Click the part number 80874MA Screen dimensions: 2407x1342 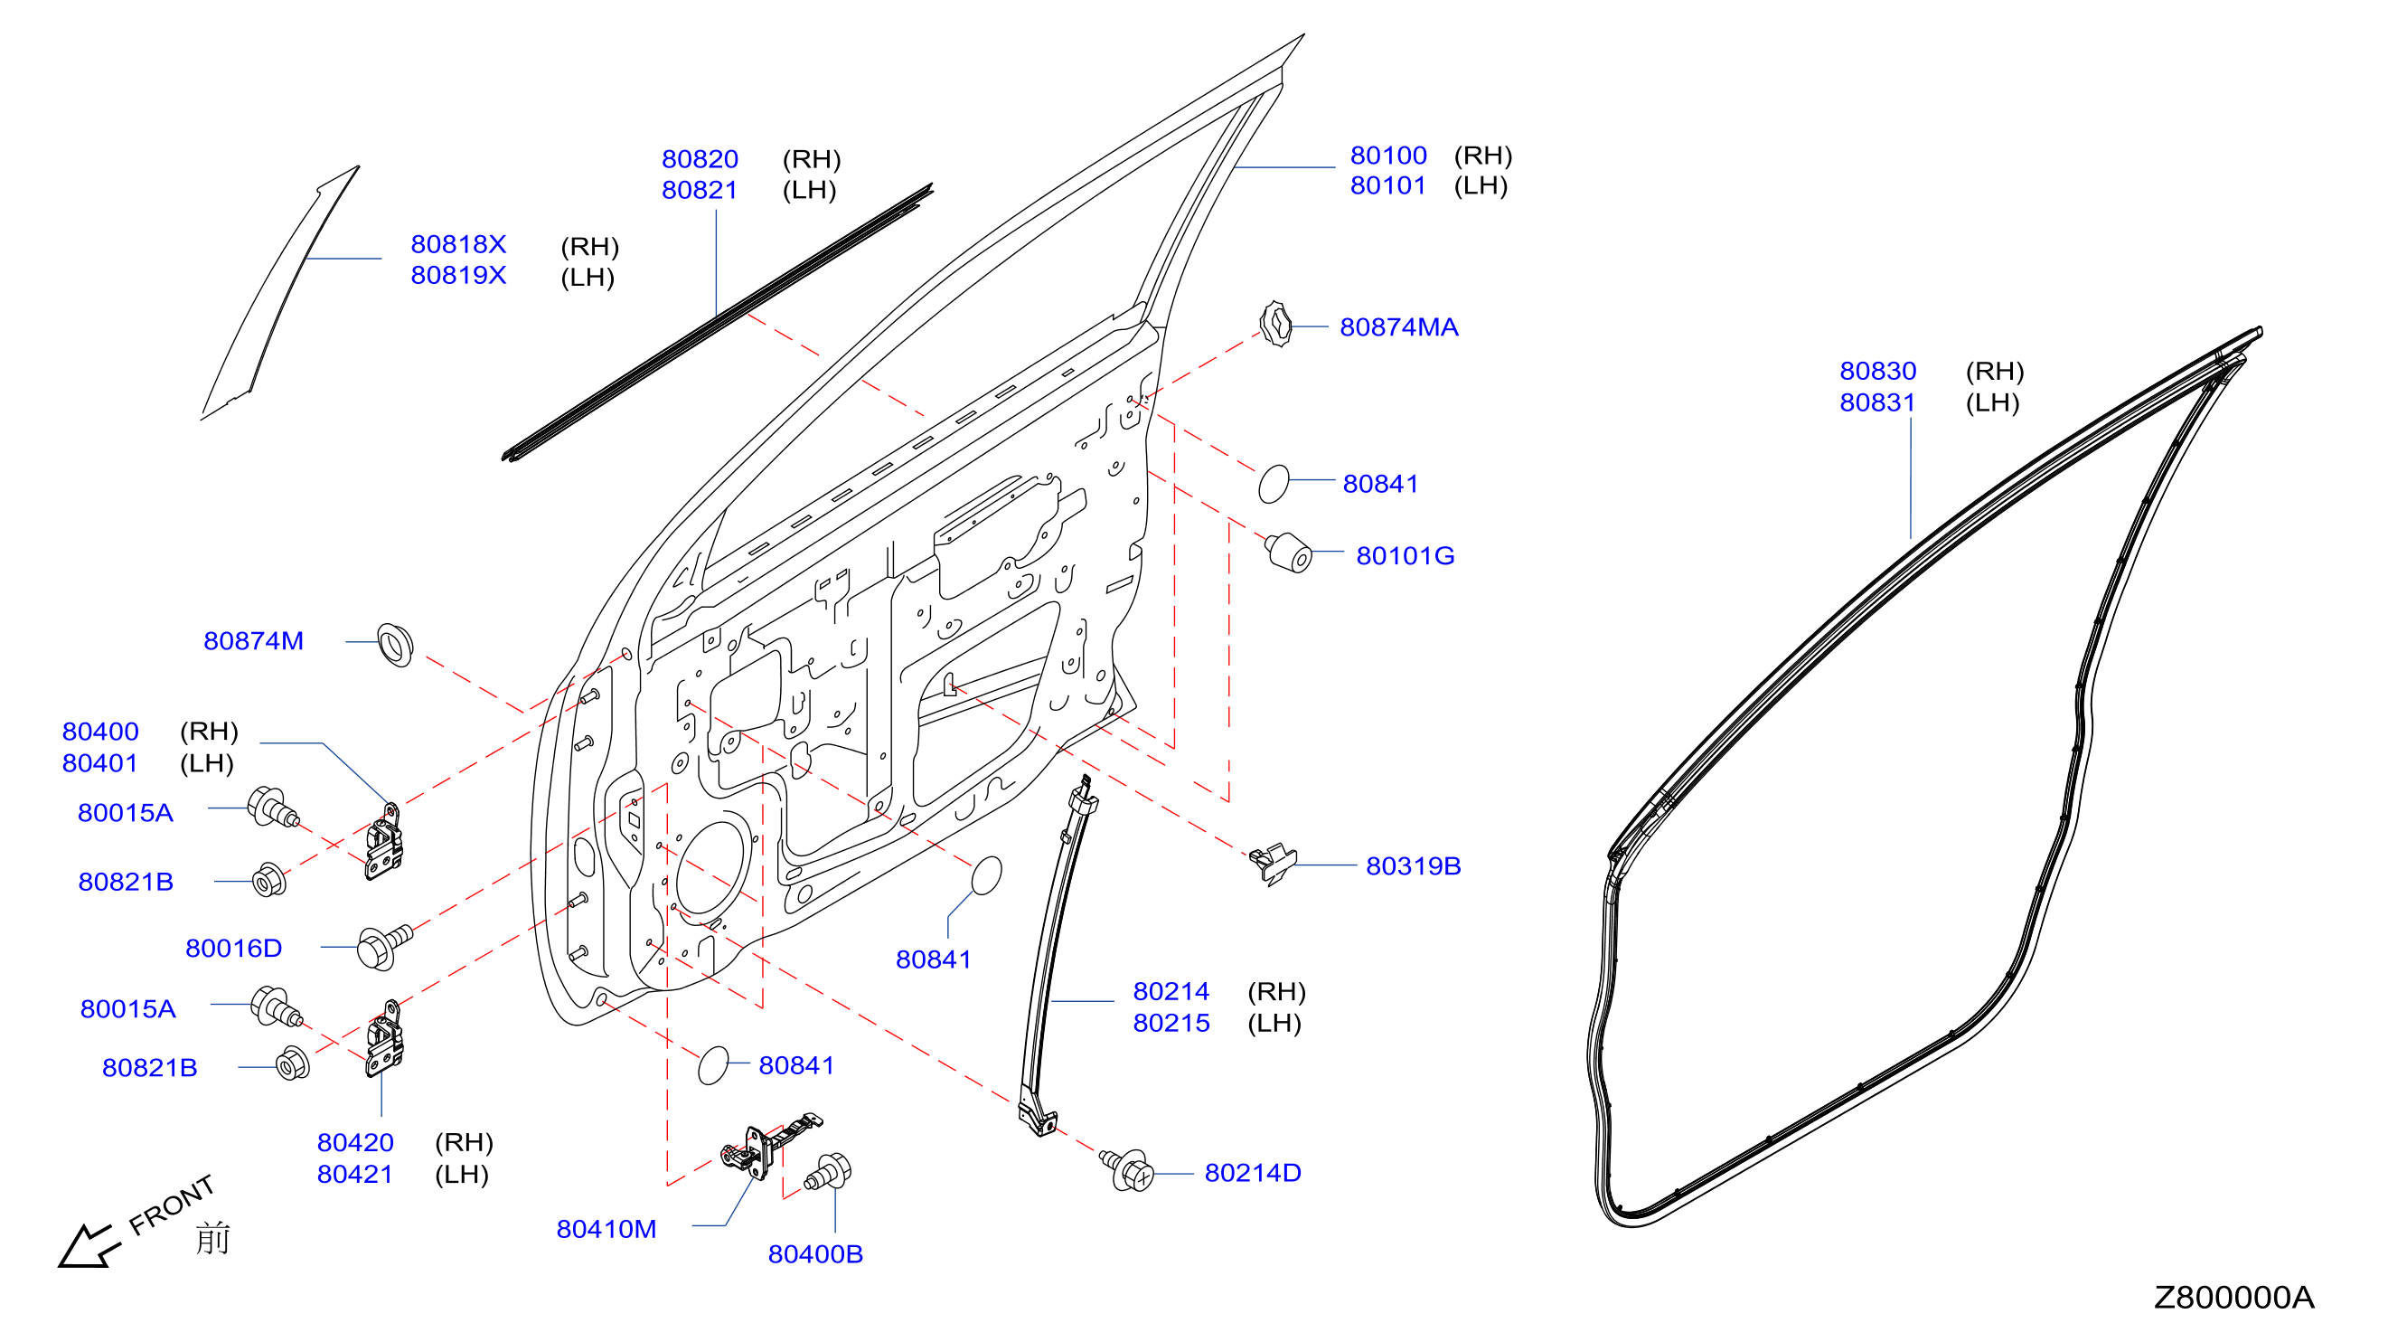tap(1398, 327)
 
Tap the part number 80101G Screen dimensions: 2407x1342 tap(1405, 556)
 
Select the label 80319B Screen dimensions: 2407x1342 tap(1413, 866)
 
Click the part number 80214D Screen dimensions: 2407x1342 tap(1252, 1173)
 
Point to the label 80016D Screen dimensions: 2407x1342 tap(233, 949)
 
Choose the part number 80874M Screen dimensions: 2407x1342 tap(253, 641)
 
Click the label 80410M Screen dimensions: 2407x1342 tap(606, 1229)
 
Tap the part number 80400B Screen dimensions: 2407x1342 tap(814, 1254)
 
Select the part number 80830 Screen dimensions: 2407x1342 tap(1877, 371)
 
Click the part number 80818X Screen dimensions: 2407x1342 tap(458, 244)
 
